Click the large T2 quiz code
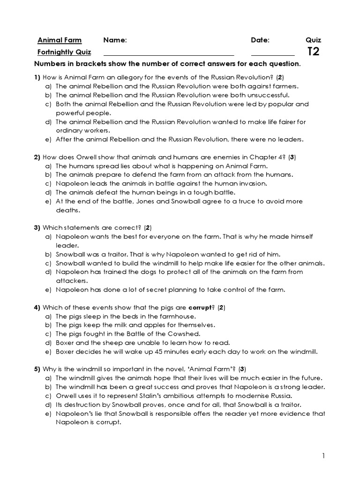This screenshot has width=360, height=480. click(x=313, y=52)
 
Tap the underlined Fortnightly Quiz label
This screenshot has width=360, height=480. click(x=64, y=52)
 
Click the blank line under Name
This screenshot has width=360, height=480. click(x=168, y=56)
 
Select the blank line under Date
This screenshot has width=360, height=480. click(x=273, y=56)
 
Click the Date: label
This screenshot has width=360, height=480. click(x=260, y=40)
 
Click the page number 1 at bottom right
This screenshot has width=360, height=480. click(x=323, y=455)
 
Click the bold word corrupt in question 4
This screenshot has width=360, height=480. click(x=201, y=307)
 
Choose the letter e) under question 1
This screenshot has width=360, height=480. click(x=48, y=139)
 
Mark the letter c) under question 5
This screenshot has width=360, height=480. click(x=48, y=396)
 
